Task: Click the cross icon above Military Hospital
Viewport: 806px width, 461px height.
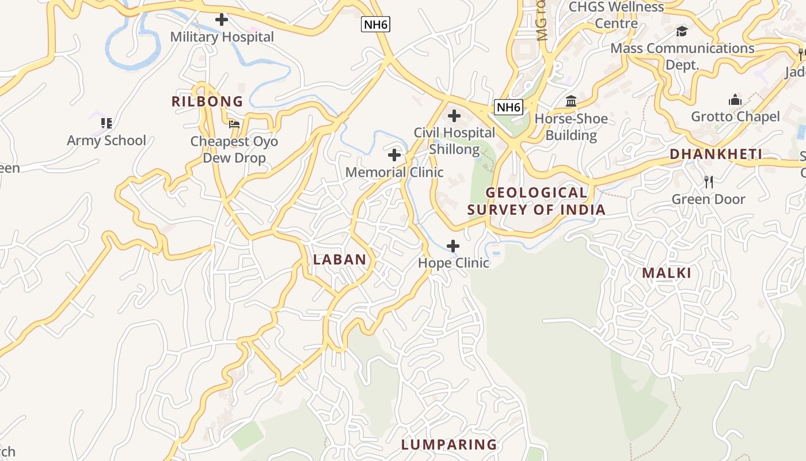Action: (x=222, y=20)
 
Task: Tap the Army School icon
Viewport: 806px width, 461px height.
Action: (x=107, y=123)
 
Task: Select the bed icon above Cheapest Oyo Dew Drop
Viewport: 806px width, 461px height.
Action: (x=234, y=124)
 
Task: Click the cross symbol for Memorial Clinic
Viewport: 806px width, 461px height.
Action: (x=394, y=155)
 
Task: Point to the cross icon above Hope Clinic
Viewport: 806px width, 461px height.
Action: (x=454, y=246)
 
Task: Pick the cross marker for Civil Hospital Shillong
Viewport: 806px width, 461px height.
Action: (x=454, y=116)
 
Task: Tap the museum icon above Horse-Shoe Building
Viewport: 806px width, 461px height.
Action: (x=571, y=102)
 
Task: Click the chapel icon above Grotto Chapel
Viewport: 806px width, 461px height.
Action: (x=735, y=100)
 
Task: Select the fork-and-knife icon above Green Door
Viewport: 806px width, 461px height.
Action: (x=709, y=182)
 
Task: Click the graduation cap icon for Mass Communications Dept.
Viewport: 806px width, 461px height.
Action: (x=682, y=32)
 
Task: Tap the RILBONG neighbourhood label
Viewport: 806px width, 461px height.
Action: (x=207, y=102)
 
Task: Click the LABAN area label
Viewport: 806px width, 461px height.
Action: (x=340, y=260)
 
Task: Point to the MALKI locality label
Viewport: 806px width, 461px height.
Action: (x=667, y=273)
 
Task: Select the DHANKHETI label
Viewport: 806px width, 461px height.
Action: (x=716, y=154)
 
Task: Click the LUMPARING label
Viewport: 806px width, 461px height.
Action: (x=449, y=445)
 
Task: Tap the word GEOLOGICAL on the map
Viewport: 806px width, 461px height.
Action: (x=537, y=192)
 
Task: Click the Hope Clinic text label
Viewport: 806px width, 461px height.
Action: (x=454, y=263)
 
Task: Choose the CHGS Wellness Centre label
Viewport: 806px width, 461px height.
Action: (x=616, y=15)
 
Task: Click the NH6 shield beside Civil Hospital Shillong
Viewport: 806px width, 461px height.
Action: (x=508, y=107)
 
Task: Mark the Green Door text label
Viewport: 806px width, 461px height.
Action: (x=709, y=199)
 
